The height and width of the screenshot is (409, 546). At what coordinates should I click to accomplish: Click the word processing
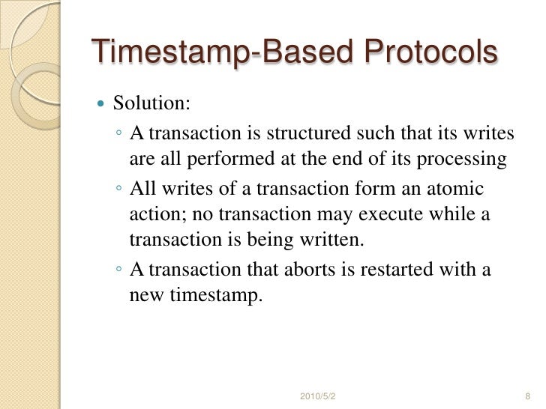pos(464,160)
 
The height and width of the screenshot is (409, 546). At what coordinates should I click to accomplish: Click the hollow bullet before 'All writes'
pos(120,189)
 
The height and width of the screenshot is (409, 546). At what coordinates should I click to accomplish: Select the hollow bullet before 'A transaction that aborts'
pos(120,270)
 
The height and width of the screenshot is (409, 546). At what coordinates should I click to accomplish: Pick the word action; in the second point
pos(158,215)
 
